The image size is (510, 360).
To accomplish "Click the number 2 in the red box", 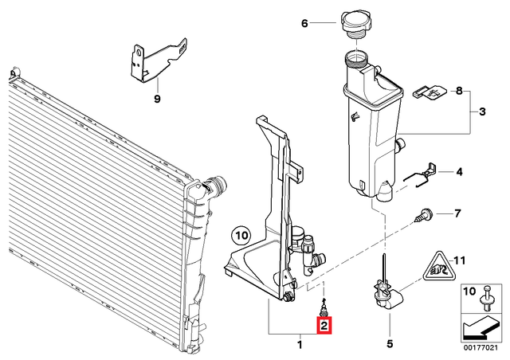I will coord(324,325).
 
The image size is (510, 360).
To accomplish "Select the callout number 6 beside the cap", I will coord(304,23).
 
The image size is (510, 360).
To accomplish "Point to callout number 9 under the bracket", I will coord(157,99).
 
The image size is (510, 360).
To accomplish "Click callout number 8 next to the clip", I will coord(458,92).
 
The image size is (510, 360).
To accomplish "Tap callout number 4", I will coord(458,171).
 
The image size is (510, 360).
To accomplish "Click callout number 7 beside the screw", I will coord(457,213).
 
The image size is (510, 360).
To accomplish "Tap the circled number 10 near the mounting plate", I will coord(240,235).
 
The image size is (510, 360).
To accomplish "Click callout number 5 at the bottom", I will coord(389,344).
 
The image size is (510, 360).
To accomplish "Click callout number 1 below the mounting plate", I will coord(300,344).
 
